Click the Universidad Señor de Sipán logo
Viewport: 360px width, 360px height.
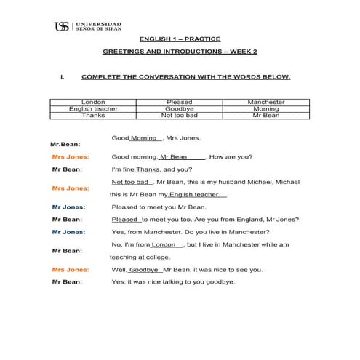[x=88, y=26]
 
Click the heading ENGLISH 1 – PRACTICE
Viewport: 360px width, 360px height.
[x=180, y=39]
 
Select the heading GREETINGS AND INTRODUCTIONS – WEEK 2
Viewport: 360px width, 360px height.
[x=180, y=53]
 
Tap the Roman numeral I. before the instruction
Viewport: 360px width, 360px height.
[x=63, y=76]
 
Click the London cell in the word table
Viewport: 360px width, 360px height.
[x=93, y=103]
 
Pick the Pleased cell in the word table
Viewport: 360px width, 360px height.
[x=180, y=103]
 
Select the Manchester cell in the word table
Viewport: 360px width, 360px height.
[x=266, y=103]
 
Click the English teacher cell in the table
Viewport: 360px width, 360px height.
[x=93, y=109]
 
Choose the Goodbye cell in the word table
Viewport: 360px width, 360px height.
[x=180, y=109]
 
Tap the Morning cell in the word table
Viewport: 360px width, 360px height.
[x=266, y=109]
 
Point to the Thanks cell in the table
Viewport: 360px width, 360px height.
[x=93, y=116]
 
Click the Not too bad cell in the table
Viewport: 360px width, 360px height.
[x=180, y=116]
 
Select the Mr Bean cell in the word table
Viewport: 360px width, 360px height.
[x=266, y=116]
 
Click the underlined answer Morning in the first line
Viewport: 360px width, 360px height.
[x=144, y=138]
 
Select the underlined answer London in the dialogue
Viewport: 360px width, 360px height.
[x=164, y=245]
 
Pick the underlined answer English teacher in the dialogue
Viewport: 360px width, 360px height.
[x=194, y=195]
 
